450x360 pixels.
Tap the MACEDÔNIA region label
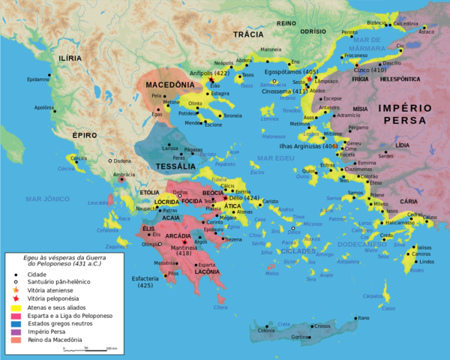point(171,85)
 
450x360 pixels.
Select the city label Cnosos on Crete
point(322,325)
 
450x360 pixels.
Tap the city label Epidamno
point(37,79)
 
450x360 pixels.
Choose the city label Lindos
point(426,261)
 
